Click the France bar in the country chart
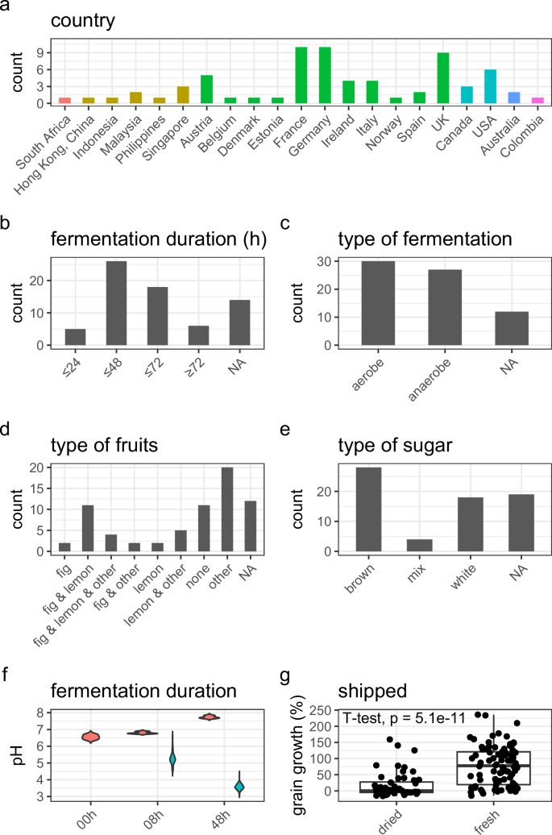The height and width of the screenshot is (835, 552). [x=301, y=75]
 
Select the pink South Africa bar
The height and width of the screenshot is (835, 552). [x=65, y=101]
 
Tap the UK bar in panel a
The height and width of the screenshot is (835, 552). [x=442, y=78]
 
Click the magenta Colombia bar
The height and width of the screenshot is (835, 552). [x=536, y=101]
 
